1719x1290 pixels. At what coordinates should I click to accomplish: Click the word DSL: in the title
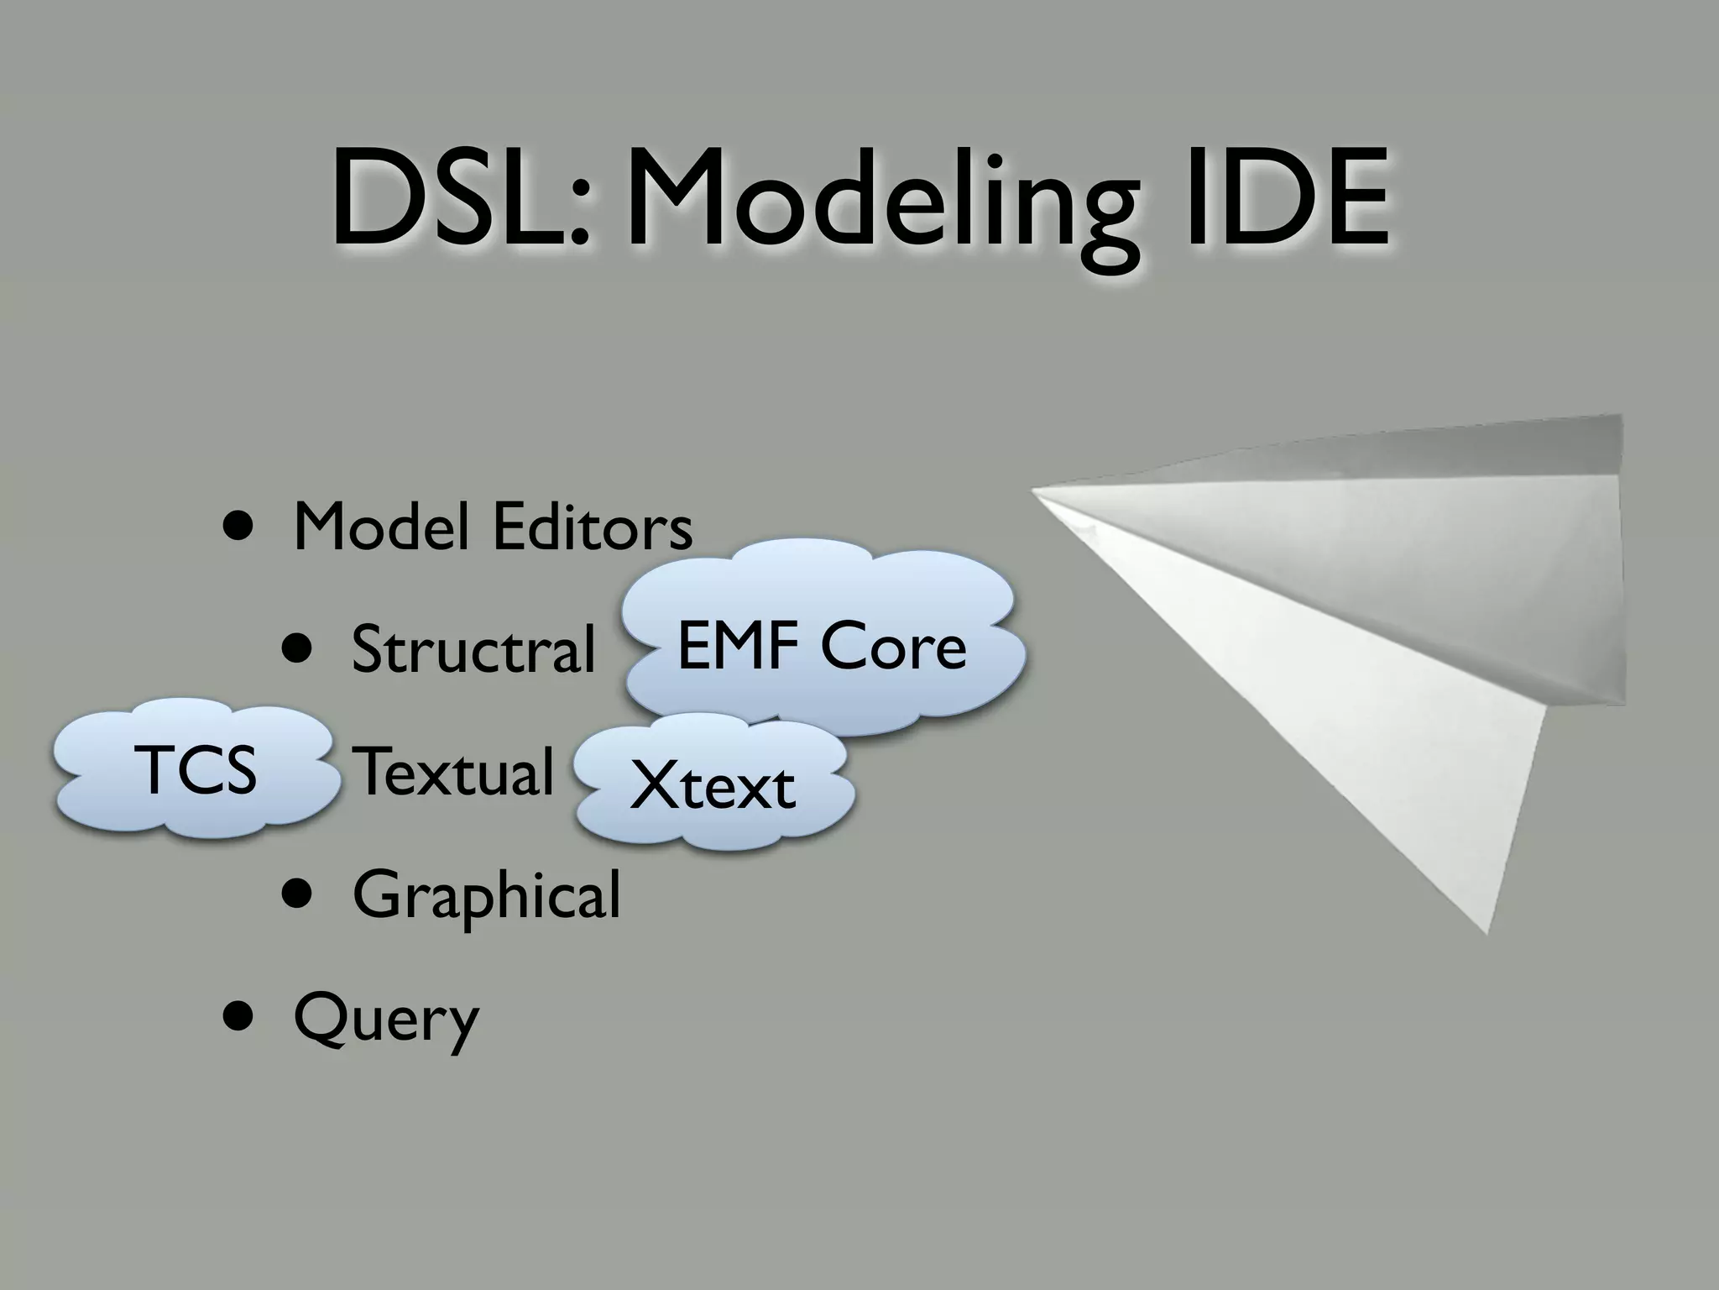click(460, 200)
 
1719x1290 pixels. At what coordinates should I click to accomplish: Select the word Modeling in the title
click(881, 206)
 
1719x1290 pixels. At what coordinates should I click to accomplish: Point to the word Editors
click(593, 527)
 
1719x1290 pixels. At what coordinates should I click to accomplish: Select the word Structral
click(473, 649)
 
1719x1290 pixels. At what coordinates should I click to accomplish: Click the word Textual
click(453, 771)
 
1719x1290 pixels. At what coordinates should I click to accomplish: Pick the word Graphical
click(487, 895)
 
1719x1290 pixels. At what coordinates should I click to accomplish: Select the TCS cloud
click(198, 771)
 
